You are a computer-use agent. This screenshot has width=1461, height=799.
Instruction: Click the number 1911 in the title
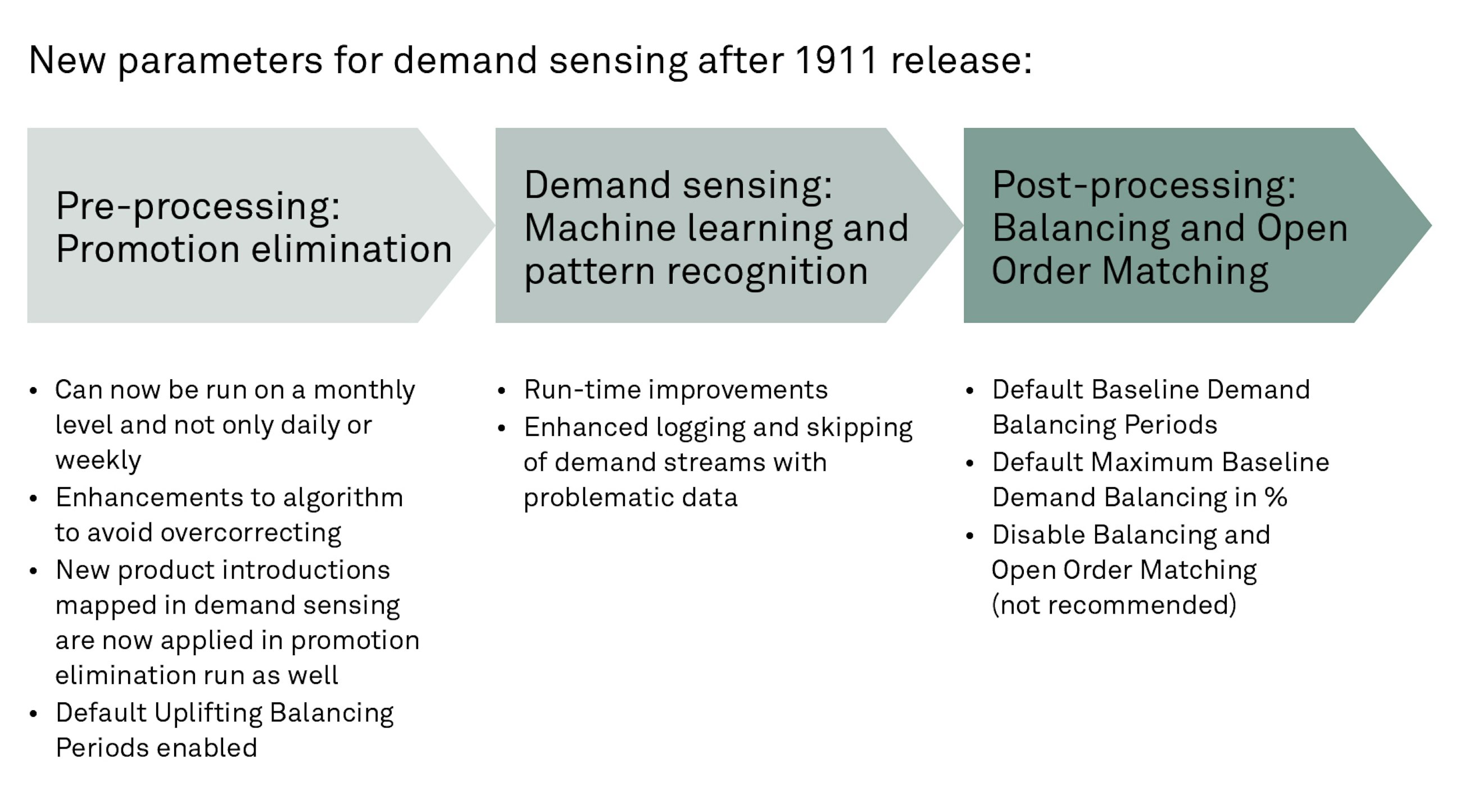(x=837, y=60)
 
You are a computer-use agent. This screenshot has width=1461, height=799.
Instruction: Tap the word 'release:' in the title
(x=961, y=60)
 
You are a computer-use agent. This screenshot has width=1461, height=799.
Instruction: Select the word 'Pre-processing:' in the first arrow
(x=198, y=206)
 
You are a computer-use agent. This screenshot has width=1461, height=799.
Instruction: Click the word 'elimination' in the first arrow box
(x=352, y=249)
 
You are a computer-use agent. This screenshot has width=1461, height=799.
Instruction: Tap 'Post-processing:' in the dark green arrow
(x=1144, y=185)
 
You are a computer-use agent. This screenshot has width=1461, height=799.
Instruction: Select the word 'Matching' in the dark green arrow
(x=1185, y=271)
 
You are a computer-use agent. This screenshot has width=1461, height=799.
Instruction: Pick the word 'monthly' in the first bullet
(x=364, y=390)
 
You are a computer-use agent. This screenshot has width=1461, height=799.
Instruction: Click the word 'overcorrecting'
(x=251, y=533)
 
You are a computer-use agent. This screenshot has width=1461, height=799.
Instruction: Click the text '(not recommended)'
(x=1113, y=605)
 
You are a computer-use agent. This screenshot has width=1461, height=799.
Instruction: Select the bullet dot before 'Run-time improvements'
(x=501, y=391)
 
